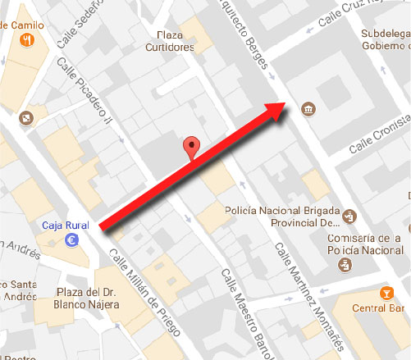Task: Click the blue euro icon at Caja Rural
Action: pyautogui.click(x=71, y=240)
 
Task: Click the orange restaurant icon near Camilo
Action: pyautogui.click(x=30, y=39)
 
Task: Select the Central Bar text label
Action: pyautogui.click(x=376, y=309)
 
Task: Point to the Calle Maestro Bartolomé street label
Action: pyautogui.click(x=246, y=312)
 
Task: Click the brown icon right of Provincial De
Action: pyautogui.click(x=349, y=216)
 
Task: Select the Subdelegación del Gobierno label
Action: pyautogui.click(x=385, y=39)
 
